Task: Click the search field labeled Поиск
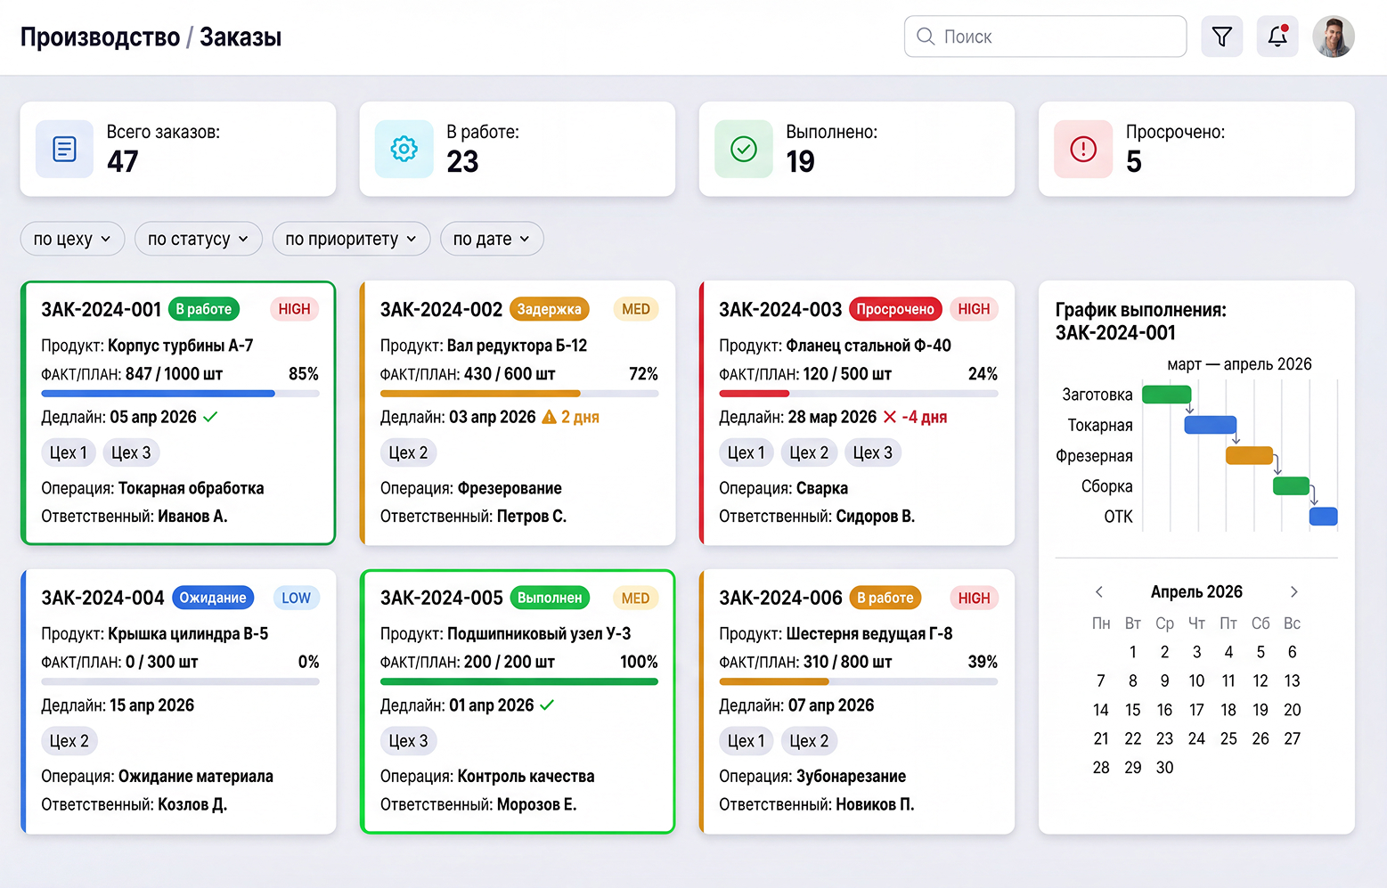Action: click(1045, 37)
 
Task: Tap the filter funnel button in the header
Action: click(1221, 37)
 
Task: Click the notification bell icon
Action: click(1277, 37)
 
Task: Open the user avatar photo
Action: click(1334, 37)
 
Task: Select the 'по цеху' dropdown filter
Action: click(72, 239)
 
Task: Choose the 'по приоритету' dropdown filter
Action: click(351, 239)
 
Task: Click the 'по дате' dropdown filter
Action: click(492, 239)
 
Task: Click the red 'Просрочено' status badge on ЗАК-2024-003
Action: click(895, 309)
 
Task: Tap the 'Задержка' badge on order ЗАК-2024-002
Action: click(550, 309)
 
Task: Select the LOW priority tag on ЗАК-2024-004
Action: click(296, 598)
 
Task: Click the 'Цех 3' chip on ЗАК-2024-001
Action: click(131, 452)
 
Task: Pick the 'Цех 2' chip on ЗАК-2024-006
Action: click(809, 741)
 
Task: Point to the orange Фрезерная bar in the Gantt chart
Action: click(1250, 455)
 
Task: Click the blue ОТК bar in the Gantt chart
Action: click(1323, 516)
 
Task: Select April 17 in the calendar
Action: click(1196, 710)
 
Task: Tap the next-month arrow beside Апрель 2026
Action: click(1294, 592)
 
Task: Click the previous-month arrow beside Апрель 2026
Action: click(1099, 592)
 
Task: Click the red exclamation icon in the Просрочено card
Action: click(1083, 150)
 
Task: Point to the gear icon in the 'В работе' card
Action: click(404, 150)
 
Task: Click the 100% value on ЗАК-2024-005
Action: click(639, 662)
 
